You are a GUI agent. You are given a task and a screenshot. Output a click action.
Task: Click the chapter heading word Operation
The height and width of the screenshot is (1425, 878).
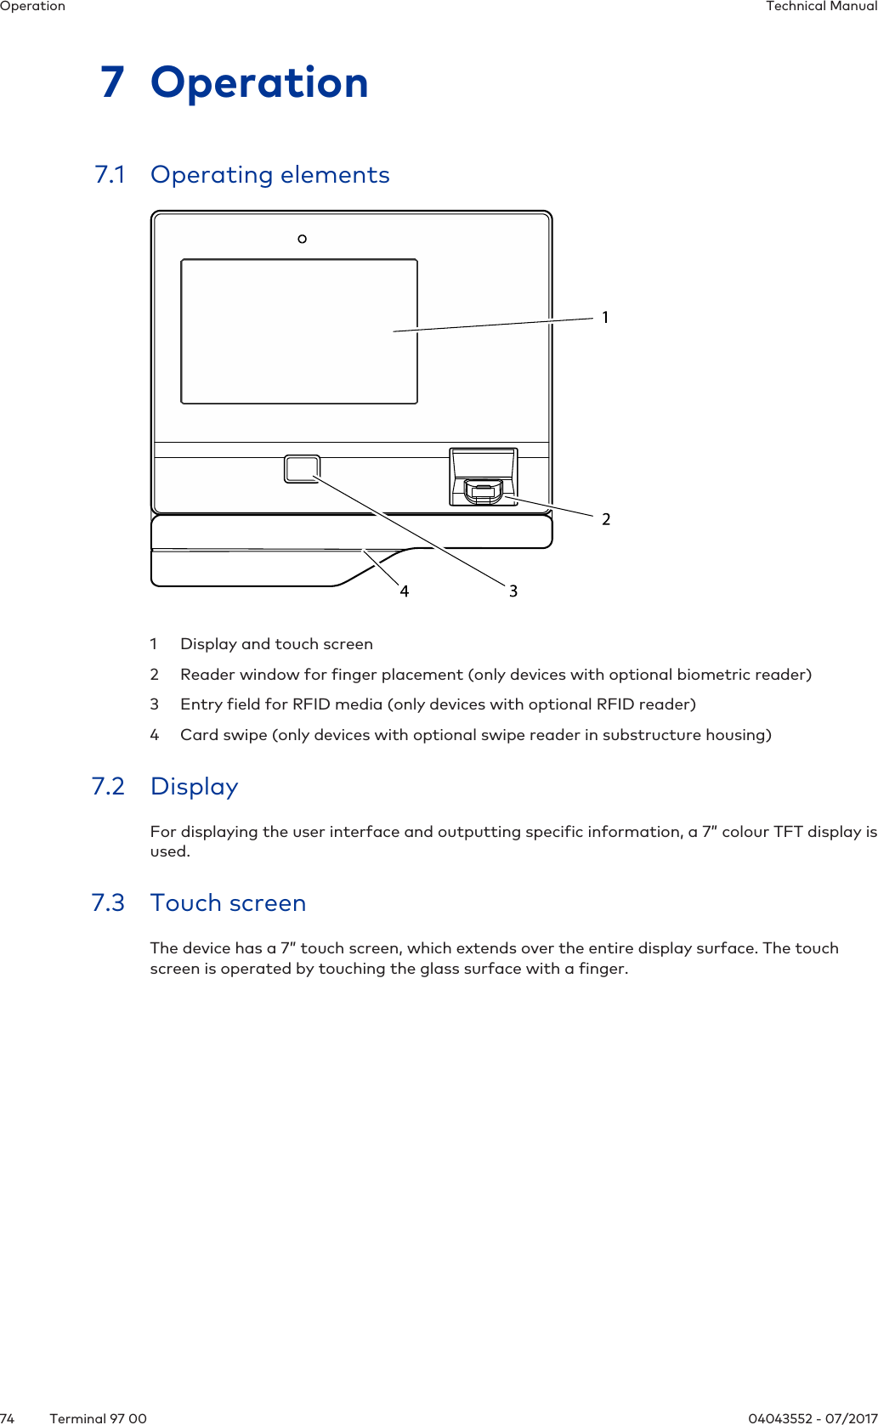point(259,83)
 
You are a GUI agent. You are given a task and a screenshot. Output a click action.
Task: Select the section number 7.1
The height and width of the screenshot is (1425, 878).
point(110,175)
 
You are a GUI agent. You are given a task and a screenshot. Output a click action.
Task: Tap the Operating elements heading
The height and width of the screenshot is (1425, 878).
point(269,175)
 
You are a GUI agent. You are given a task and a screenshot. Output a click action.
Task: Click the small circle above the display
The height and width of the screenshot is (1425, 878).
point(302,239)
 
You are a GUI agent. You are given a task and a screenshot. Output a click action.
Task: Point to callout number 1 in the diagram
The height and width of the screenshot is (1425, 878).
point(605,317)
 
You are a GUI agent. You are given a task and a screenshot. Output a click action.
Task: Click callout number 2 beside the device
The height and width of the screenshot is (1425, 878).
point(606,519)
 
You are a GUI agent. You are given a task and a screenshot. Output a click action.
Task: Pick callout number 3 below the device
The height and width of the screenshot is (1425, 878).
point(513,591)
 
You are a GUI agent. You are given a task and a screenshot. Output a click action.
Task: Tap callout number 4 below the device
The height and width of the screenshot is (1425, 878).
point(405,591)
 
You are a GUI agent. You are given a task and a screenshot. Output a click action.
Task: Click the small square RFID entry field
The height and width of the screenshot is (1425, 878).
point(302,469)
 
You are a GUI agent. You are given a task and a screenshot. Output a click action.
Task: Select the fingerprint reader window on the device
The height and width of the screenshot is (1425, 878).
point(483,489)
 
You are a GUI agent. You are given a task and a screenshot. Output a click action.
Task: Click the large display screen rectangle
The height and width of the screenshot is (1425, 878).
point(298,331)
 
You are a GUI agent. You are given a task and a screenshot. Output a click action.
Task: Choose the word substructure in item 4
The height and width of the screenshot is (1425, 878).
point(654,735)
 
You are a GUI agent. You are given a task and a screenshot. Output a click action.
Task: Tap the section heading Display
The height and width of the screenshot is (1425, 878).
point(194,787)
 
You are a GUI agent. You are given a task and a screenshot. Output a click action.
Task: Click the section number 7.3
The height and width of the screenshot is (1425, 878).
point(108,903)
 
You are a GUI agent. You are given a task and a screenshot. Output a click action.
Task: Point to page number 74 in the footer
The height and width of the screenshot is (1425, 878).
point(8,1418)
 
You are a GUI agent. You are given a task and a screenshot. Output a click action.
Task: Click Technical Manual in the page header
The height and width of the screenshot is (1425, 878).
point(821,6)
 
